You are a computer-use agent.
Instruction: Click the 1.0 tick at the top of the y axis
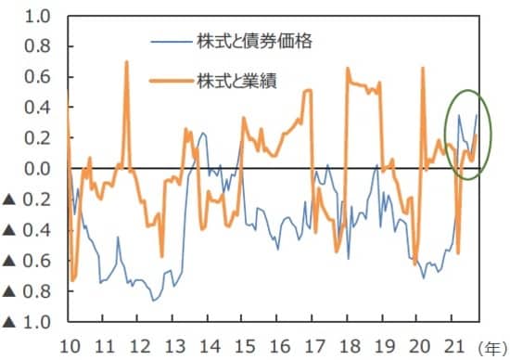[38, 16]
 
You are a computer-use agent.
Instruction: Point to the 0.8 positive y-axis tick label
[38, 46]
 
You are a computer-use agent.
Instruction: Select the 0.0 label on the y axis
[38, 169]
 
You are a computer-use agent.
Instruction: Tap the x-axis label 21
[453, 346]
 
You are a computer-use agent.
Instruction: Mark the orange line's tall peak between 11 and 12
[126, 62]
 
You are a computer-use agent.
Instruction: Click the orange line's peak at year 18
[347, 68]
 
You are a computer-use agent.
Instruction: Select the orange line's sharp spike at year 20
[423, 68]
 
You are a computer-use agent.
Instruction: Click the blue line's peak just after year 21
[459, 116]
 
